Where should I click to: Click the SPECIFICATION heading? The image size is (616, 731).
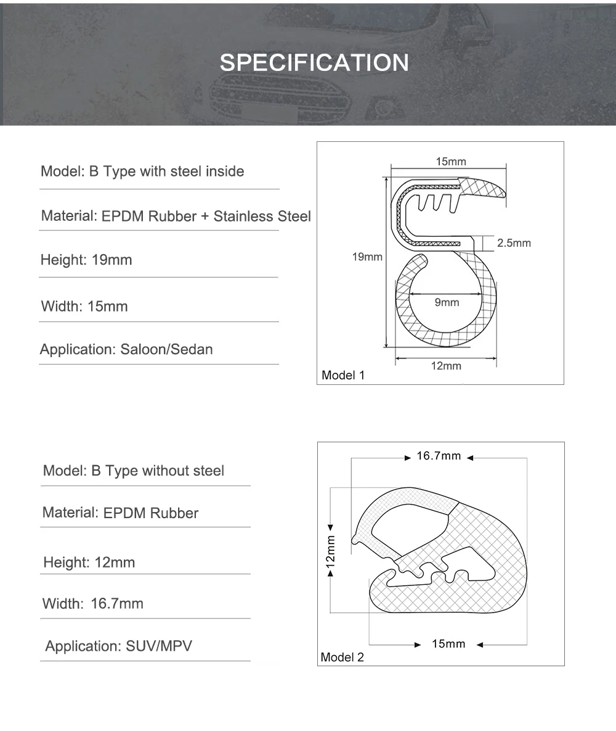point(314,63)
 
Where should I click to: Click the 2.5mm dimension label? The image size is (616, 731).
point(514,243)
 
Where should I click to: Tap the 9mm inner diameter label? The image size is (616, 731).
point(447,302)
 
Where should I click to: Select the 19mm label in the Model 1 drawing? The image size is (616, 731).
point(367,257)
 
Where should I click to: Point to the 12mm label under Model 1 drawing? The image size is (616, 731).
point(446,366)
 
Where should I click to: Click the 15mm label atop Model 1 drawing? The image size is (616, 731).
point(451,162)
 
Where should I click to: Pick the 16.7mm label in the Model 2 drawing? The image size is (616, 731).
point(439,456)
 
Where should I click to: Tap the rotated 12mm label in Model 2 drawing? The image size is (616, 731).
point(331,550)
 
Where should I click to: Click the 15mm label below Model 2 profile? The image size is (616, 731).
point(448,644)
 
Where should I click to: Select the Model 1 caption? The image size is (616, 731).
point(343,375)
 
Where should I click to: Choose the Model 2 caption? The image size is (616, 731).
point(342,657)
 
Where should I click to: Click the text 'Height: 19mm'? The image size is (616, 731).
point(86,260)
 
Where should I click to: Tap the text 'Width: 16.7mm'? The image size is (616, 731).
point(92,603)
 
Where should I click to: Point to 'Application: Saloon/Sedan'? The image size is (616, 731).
point(126,349)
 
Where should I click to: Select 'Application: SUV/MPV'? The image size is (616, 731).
point(118,646)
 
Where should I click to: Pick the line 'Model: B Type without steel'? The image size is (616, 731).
point(134,471)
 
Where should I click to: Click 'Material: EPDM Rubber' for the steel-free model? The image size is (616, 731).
point(121,513)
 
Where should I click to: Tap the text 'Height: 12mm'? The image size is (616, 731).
point(89,562)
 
